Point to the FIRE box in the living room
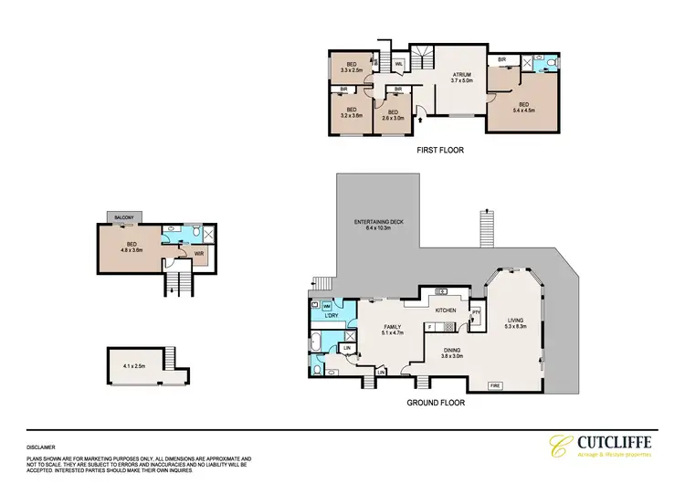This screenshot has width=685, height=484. [x=494, y=385]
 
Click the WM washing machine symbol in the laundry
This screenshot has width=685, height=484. [x=315, y=305]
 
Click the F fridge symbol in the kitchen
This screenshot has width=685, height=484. [x=428, y=326]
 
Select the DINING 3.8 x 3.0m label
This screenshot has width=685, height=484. [x=453, y=352]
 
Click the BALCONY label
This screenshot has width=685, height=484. [x=123, y=216]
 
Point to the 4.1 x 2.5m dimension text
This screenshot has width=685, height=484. [x=134, y=366]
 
